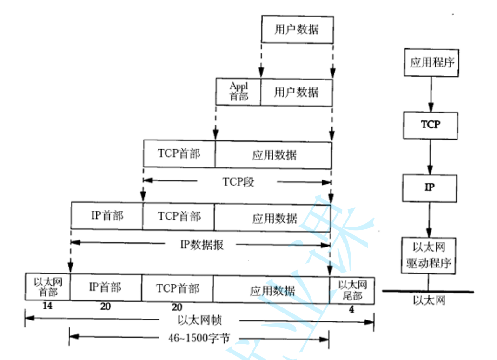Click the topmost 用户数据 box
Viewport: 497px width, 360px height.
[x=297, y=30]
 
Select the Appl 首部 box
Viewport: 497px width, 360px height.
[x=239, y=92]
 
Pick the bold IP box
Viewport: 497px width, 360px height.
[x=430, y=187]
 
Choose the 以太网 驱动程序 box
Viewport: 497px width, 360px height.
[x=429, y=255]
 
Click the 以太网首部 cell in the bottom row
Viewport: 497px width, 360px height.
[x=47, y=287]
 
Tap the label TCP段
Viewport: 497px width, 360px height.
[x=238, y=181]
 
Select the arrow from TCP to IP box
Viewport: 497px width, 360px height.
[x=430, y=156]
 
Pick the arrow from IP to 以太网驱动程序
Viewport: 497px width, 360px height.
[x=430, y=218]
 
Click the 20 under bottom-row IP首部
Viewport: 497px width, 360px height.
[x=105, y=307]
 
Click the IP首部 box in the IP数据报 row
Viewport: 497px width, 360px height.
[x=107, y=216]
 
